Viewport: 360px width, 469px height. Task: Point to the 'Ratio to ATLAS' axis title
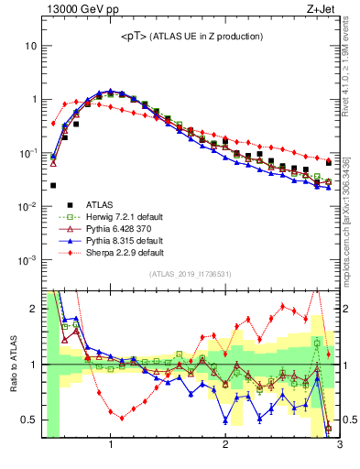pyautogui.click(x=13, y=364)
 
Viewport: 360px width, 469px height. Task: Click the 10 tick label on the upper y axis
pyautogui.click(x=31, y=45)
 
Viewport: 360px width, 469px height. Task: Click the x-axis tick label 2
pyautogui.click(x=225, y=446)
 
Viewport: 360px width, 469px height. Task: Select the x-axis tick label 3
pyautogui.click(x=339, y=446)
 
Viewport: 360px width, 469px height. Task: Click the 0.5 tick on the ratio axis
pyautogui.click(x=30, y=420)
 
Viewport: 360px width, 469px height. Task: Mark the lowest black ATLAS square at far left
pyautogui.click(x=53, y=185)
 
